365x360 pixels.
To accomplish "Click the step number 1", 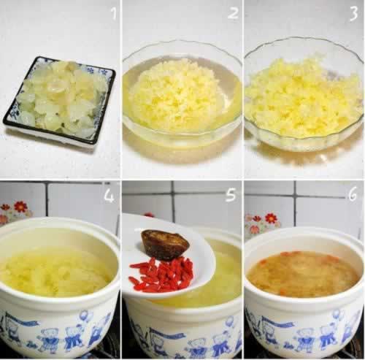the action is (113, 13).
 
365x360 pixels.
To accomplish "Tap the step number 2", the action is (233, 12).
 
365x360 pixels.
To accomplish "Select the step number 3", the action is (353, 14).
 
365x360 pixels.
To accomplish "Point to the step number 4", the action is (109, 196).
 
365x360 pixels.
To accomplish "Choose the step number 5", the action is (231, 195).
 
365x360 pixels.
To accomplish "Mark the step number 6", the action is (353, 195).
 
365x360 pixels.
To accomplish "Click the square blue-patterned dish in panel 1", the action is (59, 101).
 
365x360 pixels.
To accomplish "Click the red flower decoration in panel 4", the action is (20, 207).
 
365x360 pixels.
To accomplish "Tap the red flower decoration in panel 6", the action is (271, 218).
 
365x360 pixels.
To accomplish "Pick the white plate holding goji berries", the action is (168, 256).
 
